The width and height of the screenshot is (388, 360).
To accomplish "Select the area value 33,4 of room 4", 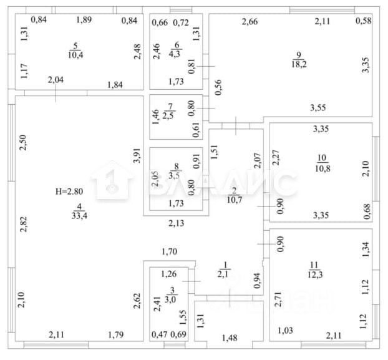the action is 78,216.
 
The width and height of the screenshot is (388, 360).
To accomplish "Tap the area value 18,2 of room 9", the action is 299,64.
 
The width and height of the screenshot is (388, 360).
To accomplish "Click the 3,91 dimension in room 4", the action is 137,155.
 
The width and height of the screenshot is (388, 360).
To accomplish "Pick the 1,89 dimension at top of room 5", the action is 84,20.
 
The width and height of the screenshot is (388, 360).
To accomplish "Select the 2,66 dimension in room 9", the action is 250,22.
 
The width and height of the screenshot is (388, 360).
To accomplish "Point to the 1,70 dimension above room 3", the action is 170,252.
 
